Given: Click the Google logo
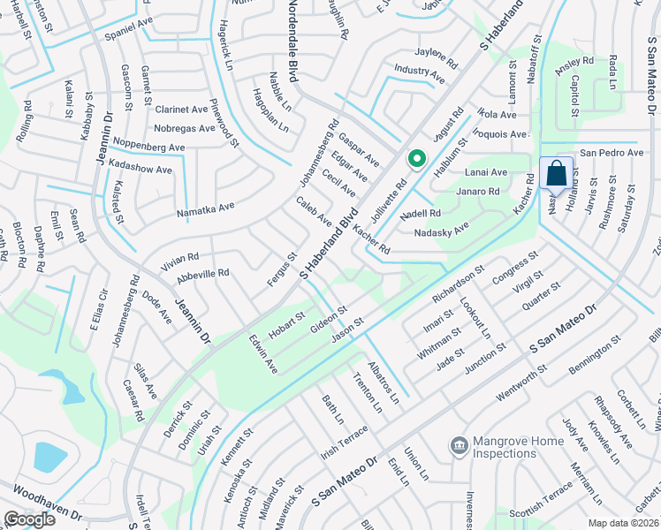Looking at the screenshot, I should coord(29,519).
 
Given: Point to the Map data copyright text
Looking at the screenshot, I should coord(625,522).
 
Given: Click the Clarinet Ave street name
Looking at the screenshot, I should coord(180,110).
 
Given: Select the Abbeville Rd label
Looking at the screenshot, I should coord(202,274).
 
